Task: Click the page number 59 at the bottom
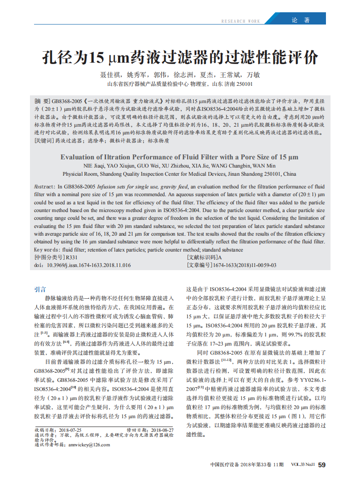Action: pyautogui.click(x=321, y=465)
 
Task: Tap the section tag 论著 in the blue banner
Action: pyautogui.click(x=300, y=20)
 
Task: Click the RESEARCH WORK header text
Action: pyautogui.click(x=241, y=21)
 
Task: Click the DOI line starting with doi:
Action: pyautogui.click(x=83, y=265)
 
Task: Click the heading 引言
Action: pyautogui.click(x=40, y=289)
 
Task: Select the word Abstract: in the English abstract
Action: pyautogui.click(x=45, y=187)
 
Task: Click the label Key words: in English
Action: pyautogui.click(x=48, y=250)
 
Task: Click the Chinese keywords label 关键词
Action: pyautogui.click(x=44, y=141)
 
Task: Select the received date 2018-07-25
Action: pyautogui.click(x=70, y=430)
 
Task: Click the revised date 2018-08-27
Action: pyautogui.click(x=162, y=430)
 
